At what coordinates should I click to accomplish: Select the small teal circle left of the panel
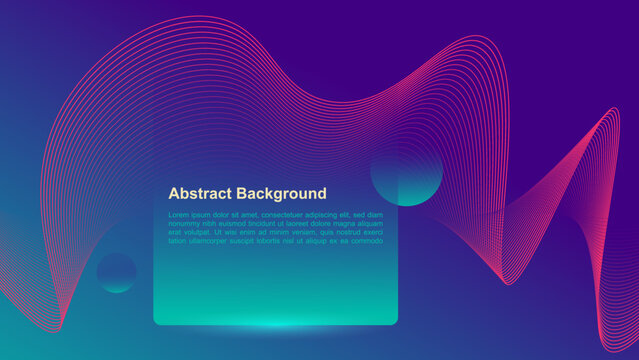click(117, 273)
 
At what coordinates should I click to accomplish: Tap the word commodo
click(366, 240)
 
